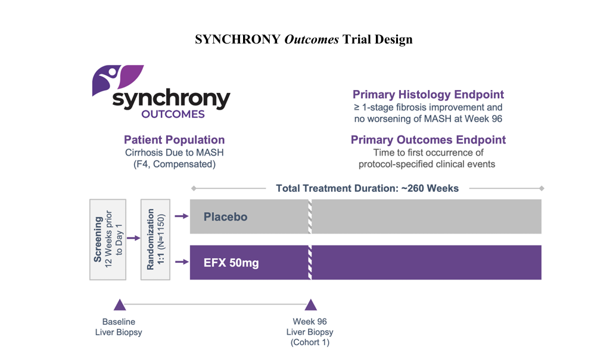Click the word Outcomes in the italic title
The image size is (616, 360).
point(312,39)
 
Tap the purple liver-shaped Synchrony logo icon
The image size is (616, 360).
point(118,80)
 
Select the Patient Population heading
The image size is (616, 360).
point(175,140)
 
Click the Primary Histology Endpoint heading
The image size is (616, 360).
point(428,95)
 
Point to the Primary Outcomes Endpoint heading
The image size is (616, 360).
point(428,140)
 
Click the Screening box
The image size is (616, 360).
point(108,240)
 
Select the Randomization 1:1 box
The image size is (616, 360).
point(155,240)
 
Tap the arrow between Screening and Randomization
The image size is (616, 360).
point(133,238)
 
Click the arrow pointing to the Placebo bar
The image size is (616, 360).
point(182,216)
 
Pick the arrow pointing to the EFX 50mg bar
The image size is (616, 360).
point(182,262)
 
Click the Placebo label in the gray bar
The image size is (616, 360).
point(226,217)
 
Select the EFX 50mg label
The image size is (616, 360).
point(231,263)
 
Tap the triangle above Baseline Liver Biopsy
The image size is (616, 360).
point(120,305)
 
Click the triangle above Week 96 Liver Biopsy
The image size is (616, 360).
point(311,305)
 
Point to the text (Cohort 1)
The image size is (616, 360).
point(310,342)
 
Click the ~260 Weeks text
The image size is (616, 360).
point(430,189)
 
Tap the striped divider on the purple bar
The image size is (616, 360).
point(310,262)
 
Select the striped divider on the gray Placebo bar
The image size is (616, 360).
point(310,216)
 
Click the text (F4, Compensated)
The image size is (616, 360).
point(175,165)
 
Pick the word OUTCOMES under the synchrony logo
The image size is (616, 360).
point(173,114)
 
